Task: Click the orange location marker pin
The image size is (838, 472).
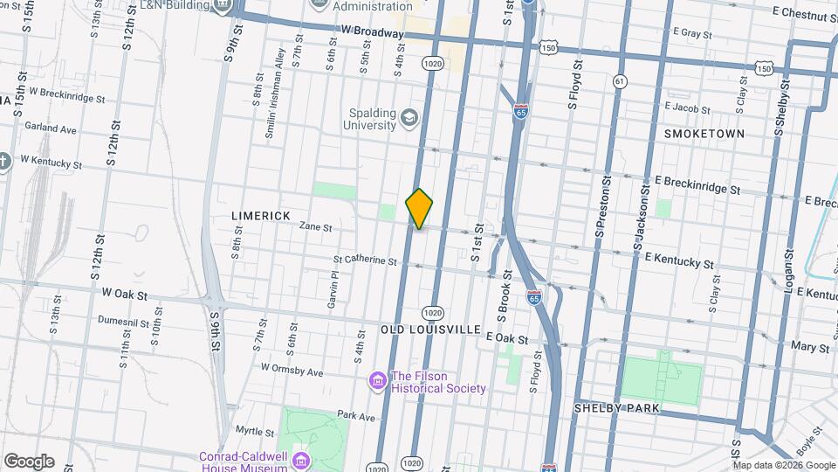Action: tap(420, 208)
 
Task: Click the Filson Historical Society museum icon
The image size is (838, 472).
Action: tap(377, 381)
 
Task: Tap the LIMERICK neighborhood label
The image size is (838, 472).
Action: tap(260, 214)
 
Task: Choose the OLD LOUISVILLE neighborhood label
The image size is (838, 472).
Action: tap(430, 330)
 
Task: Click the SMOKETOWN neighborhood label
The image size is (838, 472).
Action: tap(704, 134)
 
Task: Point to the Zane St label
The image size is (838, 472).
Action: tap(316, 226)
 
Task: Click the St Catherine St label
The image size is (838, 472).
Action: tap(365, 260)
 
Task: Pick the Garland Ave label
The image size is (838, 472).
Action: tap(51, 128)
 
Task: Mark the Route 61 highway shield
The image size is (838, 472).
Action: tap(620, 81)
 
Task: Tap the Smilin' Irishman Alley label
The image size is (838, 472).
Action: tap(280, 94)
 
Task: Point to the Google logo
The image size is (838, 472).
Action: tap(28, 462)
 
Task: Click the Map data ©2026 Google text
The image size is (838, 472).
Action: tap(783, 465)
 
